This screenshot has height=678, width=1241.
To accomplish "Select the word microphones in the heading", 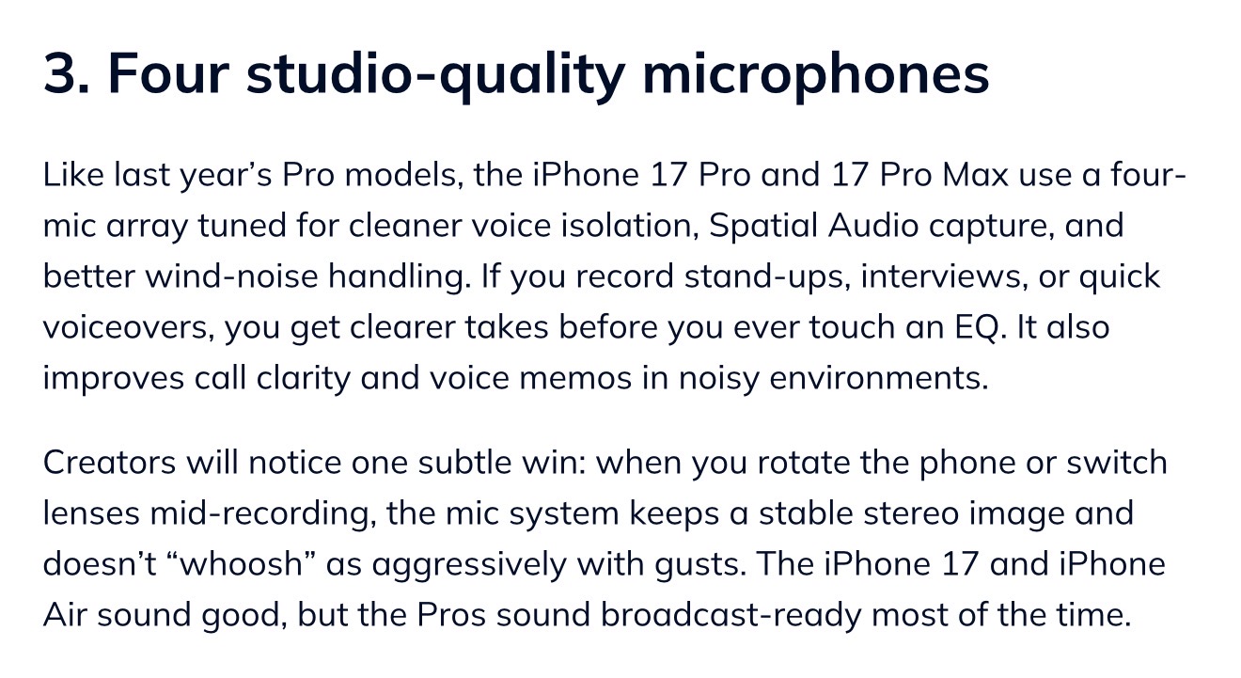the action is coord(815,77).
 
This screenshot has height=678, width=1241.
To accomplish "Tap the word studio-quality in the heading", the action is coord(436,77).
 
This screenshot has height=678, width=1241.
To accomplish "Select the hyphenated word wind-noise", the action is coord(231,276).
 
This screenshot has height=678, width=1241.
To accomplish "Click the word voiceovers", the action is coord(128,327).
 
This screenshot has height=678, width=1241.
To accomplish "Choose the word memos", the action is coord(575,378).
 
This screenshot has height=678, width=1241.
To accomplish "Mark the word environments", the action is coord(879,378).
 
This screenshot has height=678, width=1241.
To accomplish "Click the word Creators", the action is coord(109,463).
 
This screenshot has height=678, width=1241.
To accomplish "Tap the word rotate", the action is coord(803,464).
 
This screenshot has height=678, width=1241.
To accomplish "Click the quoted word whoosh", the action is coord(241,564).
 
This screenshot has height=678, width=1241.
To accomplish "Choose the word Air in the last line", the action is coord(64,614).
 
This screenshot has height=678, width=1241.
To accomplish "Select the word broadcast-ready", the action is coord(731,615).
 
